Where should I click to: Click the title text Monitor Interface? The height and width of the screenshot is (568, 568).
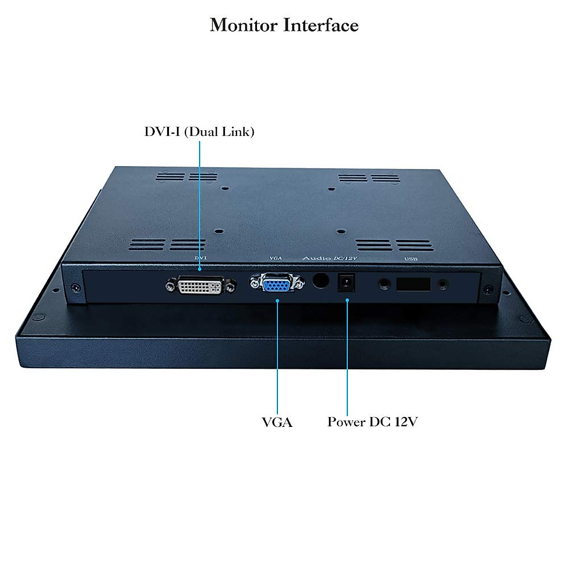pos(284,25)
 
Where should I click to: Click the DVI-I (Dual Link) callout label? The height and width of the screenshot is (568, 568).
pos(199,132)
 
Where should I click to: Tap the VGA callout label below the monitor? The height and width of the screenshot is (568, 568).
pos(277,422)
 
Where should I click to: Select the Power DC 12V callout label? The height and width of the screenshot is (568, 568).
pos(373,422)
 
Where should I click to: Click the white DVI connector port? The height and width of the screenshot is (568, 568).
pos(201,286)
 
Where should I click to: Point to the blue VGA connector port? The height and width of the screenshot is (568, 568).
pos(277,284)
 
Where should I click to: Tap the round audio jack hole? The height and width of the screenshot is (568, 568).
pos(321,281)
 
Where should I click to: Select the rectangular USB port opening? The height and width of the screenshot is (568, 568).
pos(413,284)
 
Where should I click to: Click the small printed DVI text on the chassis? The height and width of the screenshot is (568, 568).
pos(201,258)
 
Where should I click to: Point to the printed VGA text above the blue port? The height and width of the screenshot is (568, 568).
pos(275,258)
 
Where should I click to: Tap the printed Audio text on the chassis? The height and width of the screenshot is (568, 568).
pos(317,258)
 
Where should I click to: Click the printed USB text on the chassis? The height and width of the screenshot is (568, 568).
pos(411,259)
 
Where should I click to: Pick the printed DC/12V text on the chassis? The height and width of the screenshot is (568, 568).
pos(346,258)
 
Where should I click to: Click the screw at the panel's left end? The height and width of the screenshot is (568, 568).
pos(75,287)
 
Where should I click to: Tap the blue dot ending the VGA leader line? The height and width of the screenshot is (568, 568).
pos(277,300)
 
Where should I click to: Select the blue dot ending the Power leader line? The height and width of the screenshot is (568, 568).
pos(347,300)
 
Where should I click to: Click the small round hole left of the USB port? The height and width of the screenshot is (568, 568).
pos(384,284)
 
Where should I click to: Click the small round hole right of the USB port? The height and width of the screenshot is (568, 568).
pos(443,284)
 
